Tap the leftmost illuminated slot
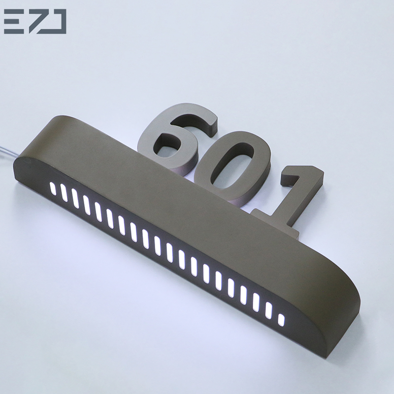[52, 189]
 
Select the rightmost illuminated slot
[281, 319]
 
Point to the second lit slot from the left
[64, 194]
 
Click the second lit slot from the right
[268, 310]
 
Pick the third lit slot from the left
[75, 198]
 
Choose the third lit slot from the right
[256, 302]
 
